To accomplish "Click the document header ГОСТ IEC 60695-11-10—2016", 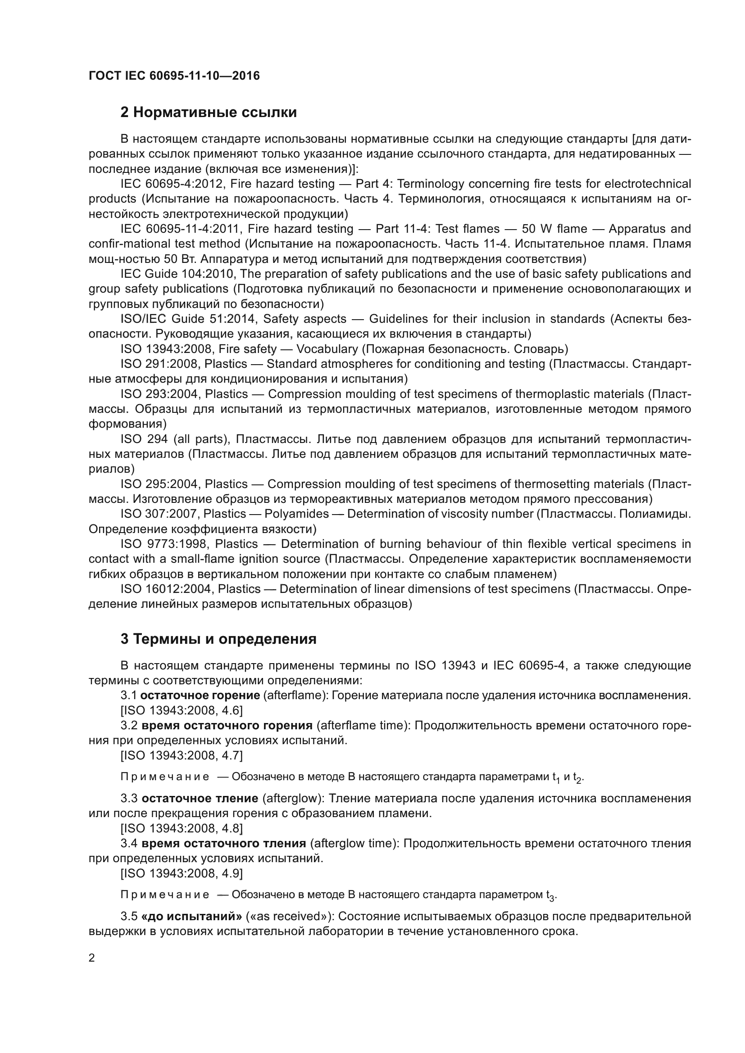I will point(174,76).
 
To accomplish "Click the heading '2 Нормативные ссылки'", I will point(208,113).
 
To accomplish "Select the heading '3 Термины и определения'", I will point(218,639).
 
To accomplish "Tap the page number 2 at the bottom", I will point(92,958).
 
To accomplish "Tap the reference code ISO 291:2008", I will point(160,364).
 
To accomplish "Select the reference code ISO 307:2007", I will point(159,514).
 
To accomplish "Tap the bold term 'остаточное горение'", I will point(200,695).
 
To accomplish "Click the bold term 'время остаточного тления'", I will point(223,843).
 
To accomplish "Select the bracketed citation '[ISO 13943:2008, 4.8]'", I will point(182,828).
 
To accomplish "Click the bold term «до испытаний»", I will point(192,916).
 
